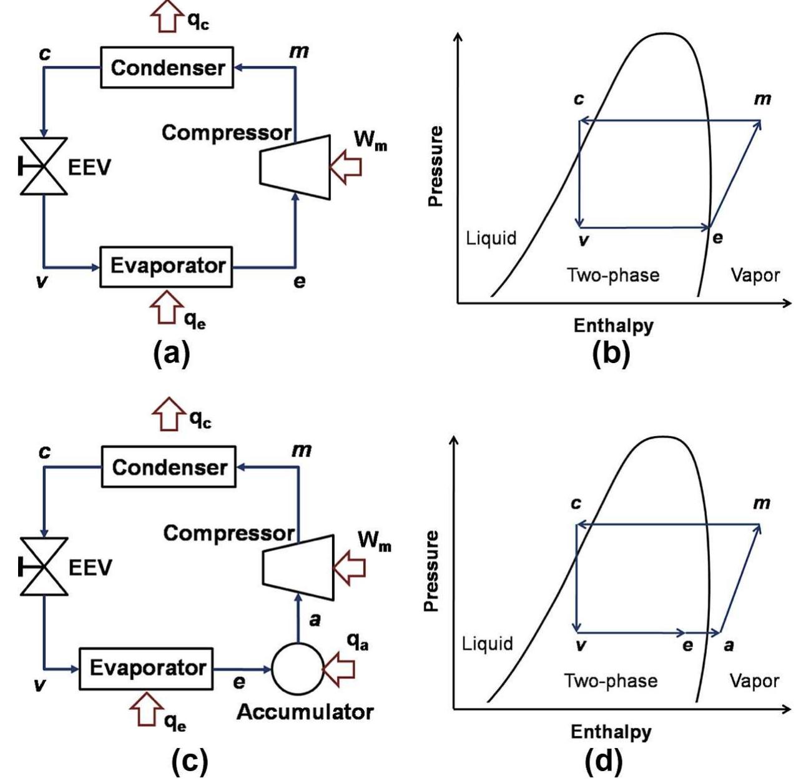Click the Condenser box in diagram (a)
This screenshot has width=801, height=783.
[167, 67]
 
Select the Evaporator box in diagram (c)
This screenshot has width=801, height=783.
[147, 668]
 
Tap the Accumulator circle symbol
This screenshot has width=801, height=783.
[298, 668]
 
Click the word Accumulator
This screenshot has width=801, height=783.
[305, 712]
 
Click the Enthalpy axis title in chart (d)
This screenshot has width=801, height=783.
[611, 731]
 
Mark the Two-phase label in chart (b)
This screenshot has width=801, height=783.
[613, 275]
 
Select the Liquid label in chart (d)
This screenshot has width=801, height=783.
[488, 643]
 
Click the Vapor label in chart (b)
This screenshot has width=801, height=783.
[755, 275]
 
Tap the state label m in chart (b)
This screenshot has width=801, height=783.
[762, 99]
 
